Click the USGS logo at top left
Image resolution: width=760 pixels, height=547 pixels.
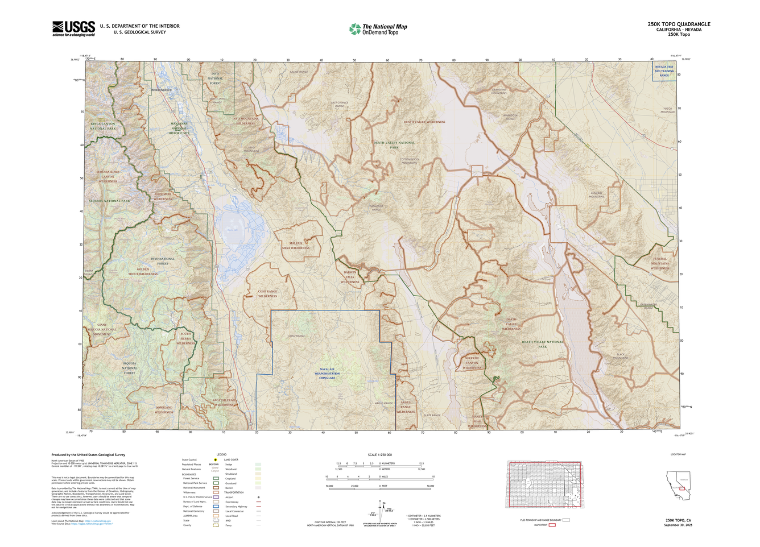pyautogui.click(x=73, y=28)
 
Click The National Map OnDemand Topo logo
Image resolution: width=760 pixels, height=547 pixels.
pyautogui.click(x=378, y=29)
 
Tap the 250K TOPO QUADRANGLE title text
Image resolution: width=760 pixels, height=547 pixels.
pyautogui.click(x=679, y=24)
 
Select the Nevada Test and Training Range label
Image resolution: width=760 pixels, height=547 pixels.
pyautogui.click(x=664, y=71)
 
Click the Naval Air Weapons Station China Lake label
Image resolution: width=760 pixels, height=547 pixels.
pyautogui.click(x=327, y=374)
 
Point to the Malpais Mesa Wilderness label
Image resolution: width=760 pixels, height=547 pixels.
pyautogui.click(x=296, y=246)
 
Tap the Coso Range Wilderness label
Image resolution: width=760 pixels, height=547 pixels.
pyautogui.click(x=267, y=294)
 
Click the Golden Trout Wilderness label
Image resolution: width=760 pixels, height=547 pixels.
pyautogui.click(x=143, y=272)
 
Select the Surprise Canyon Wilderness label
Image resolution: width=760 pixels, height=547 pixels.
pyautogui.click(x=472, y=363)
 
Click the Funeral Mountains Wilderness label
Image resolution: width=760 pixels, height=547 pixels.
pyautogui.click(x=660, y=263)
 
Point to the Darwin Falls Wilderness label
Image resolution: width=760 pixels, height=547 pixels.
pyautogui.click(x=350, y=277)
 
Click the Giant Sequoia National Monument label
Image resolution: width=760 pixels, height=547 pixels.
pyautogui.click(x=102, y=330)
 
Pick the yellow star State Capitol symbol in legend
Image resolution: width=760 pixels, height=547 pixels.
pyautogui.click(x=216, y=459)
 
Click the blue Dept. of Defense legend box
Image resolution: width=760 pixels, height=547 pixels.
pyautogui.click(x=216, y=507)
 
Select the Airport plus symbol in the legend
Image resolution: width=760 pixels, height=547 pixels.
pyautogui.click(x=258, y=497)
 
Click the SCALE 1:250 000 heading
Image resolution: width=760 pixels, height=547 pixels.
pyautogui.click(x=379, y=455)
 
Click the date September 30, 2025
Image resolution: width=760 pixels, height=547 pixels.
pyautogui.click(x=678, y=525)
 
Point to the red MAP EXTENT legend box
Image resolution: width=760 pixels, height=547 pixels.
pyautogui.click(x=552, y=525)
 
